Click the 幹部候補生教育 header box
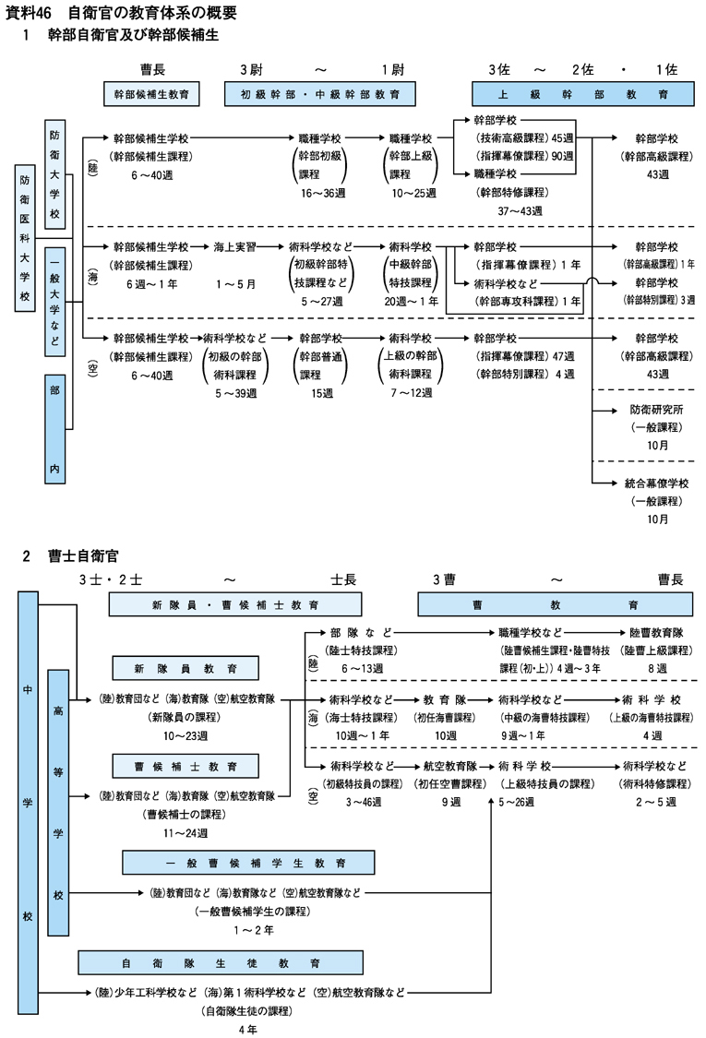[x=158, y=94]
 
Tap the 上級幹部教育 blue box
[x=583, y=94]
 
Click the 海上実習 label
[x=235, y=247]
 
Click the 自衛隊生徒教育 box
[x=219, y=962]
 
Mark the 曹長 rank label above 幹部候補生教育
[x=153, y=69]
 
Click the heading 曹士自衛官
[x=83, y=556]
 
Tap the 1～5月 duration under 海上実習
[x=235, y=283]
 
